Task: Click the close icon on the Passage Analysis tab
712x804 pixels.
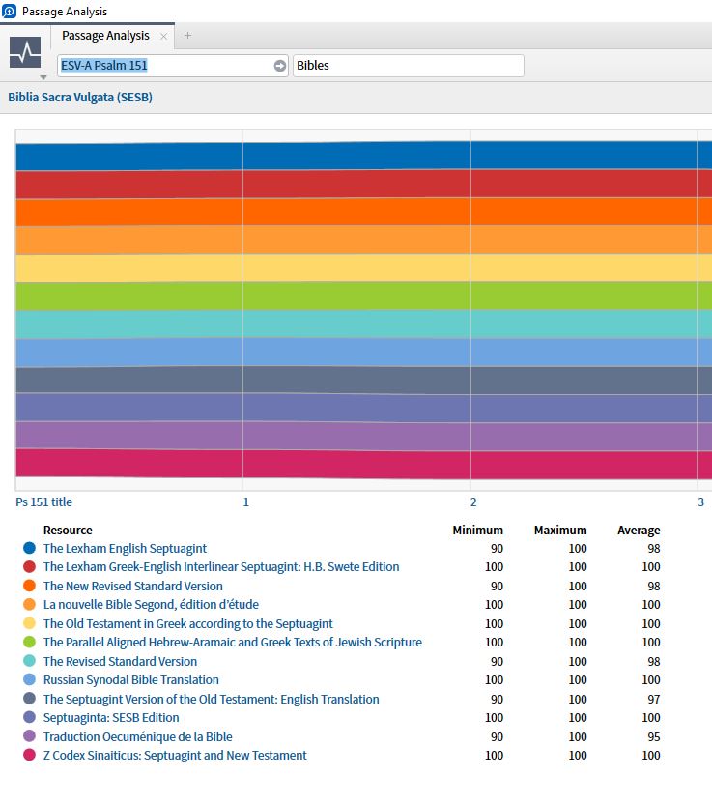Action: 164,37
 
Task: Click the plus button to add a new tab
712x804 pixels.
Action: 187,36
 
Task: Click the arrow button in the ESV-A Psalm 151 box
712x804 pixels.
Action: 280,66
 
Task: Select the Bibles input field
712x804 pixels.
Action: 408,66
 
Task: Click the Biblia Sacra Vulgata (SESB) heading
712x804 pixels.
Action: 80,98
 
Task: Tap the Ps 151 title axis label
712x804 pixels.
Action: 43,502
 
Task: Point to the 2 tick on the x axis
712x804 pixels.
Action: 473,502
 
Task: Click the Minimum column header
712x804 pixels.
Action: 477,531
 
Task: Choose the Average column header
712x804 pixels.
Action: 639,531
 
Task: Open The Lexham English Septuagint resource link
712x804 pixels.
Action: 125,549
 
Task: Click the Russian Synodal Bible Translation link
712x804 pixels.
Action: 131,680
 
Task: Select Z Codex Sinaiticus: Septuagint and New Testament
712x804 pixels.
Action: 175,756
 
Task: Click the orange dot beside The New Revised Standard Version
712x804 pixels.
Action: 29,587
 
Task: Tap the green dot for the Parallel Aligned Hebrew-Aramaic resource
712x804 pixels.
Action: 29,643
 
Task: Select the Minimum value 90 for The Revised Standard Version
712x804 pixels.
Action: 497,662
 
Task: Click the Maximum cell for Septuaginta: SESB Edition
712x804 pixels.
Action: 578,718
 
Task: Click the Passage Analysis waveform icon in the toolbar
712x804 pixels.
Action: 25,52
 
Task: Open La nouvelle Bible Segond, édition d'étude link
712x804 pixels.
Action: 151,605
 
